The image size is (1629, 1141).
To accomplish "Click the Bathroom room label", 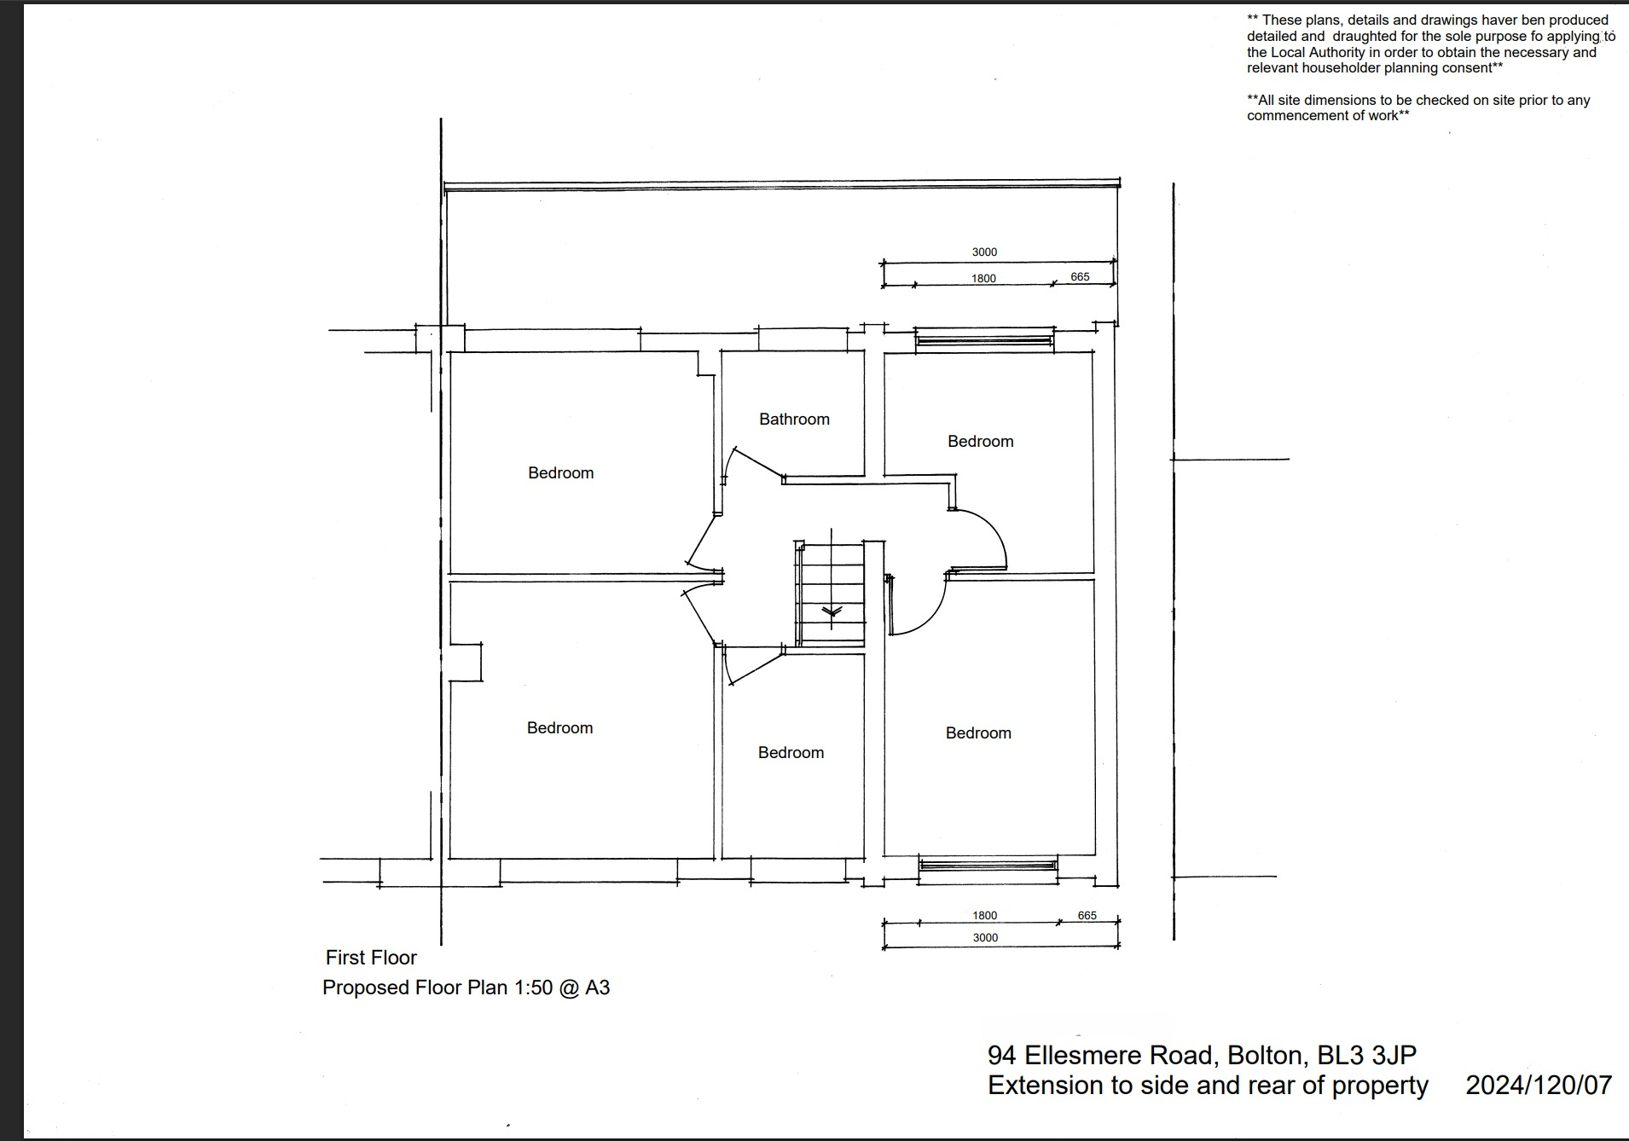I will (x=794, y=419).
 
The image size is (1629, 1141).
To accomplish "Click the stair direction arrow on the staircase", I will (x=832, y=611).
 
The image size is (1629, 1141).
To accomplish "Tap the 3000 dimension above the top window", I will (x=984, y=252).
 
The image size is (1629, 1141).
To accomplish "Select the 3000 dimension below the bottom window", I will (x=985, y=937).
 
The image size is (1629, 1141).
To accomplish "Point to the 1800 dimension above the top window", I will (x=983, y=278).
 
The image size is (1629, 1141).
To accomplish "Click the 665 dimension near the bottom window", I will (x=1087, y=915).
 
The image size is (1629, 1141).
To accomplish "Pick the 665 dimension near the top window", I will (x=1080, y=276).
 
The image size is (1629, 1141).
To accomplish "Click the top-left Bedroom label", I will (x=560, y=472).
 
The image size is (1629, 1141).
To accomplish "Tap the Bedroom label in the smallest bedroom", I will (x=791, y=752).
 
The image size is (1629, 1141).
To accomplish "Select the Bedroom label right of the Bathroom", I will (x=980, y=441).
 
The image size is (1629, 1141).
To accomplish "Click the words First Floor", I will (x=371, y=958).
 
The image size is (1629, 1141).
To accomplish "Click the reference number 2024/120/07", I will (x=1539, y=1085).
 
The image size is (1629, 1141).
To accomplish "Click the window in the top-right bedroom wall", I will (x=984, y=341).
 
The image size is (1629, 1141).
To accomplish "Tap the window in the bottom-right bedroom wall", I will (x=988, y=866).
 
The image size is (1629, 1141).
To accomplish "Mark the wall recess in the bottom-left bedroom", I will (x=467, y=662).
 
